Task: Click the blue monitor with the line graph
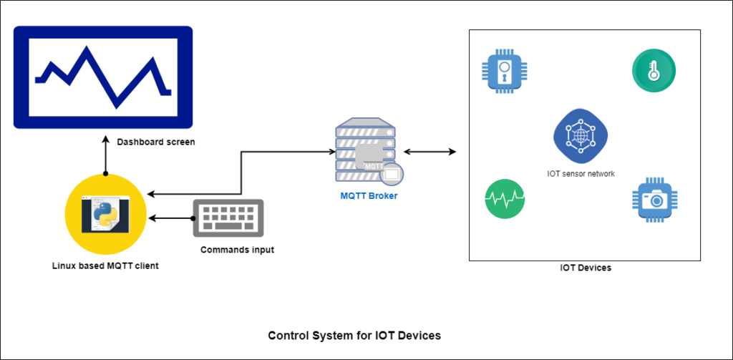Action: [x=103, y=77]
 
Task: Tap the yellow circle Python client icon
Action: [x=105, y=215]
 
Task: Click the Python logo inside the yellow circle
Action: [x=105, y=214]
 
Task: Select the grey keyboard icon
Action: [x=228, y=218]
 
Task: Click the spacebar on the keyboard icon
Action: [x=228, y=227]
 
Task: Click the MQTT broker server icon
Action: [x=366, y=150]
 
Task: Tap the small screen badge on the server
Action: [x=392, y=174]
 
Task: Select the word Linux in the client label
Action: [x=64, y=266]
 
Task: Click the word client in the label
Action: [x=146, y=266]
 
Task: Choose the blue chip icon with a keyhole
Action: [x=505, y=70]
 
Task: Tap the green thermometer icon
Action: [x=654, y=70]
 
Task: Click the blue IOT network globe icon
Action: [x=580, y=136]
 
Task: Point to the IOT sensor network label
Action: [x=580, y=174]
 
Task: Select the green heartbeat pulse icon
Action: [x=505, y=199]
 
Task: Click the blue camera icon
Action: [x=654, y=200]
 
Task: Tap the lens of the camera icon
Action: [x=654, y=201]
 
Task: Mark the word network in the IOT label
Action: [x=600, y=174]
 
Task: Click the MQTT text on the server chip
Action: [x=373, y=166]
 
